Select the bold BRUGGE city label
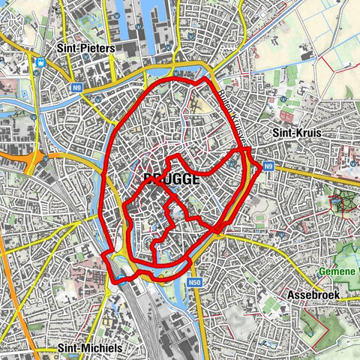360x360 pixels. point(171,180)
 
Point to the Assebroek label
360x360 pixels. point(315,295)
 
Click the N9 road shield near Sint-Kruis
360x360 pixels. point(268,167)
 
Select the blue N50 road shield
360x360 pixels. point(195,282)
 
